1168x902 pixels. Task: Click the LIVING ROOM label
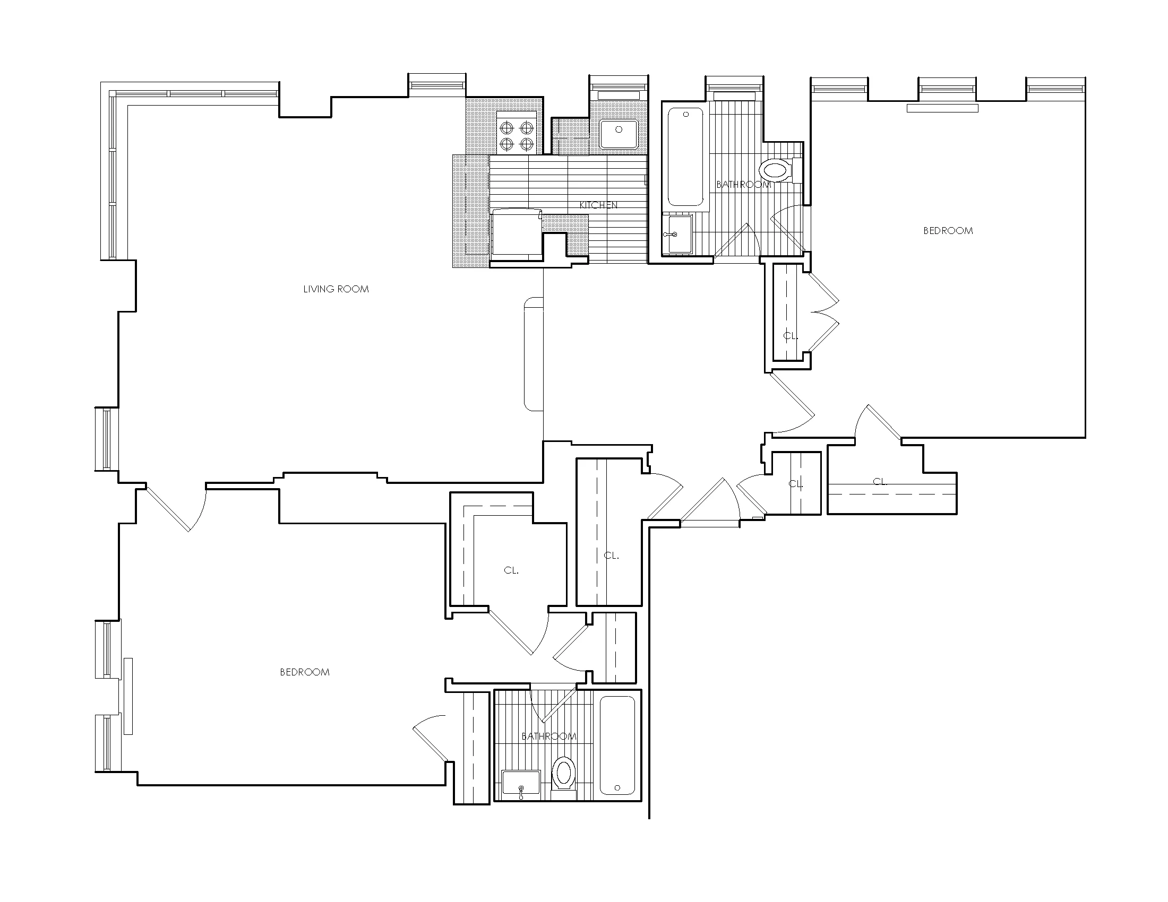coord(336,289)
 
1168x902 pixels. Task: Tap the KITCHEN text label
coord(598,205)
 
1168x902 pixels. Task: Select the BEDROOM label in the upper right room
coord(948,231)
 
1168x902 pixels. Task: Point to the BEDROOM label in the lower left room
coord(304,672)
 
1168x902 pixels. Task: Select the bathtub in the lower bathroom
coord(617,745)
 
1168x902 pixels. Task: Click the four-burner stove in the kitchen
coord(516,136)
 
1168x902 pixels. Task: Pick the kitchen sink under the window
coord(619,134)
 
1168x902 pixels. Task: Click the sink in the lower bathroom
coord(521,783)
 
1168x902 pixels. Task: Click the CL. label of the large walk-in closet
coord(511,571)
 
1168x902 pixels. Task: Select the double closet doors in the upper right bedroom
coord(823,313)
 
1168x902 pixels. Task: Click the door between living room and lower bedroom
coord(176,508)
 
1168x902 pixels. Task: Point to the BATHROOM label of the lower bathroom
coord(549,736)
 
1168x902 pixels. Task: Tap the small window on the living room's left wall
coord(106,439)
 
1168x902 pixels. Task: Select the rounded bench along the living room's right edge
coord(533,355)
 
